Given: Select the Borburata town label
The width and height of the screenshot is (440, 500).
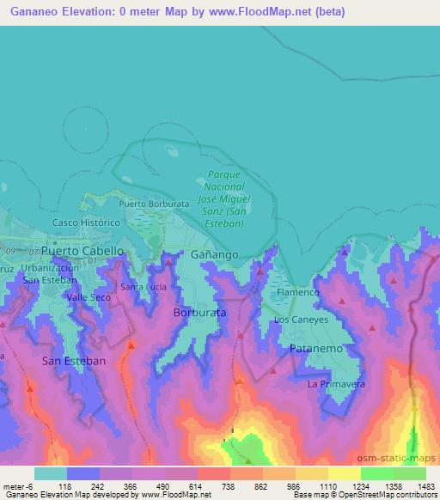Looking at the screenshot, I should (x=200, y=313).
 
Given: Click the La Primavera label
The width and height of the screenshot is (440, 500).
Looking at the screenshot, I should (x=337, y=383).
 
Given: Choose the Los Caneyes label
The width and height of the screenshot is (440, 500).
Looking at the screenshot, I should (x=301, y=320).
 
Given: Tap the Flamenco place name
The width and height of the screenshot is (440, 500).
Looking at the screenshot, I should (x=298, y=293).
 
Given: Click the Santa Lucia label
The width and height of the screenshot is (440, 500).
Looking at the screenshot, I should (x=142, y=287).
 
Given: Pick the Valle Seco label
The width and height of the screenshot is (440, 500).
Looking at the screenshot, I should (x=89, y=296).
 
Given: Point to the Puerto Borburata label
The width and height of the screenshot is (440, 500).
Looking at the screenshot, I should (x=154, y=204).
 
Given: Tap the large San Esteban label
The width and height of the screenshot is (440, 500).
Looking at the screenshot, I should (x=74, y=362).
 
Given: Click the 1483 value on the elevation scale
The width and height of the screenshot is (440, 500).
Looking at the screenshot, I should (x=425, y=486).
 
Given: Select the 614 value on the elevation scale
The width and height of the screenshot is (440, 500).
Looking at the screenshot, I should (x=197, y=486).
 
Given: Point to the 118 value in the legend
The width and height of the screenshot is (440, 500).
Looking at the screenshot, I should (x=66, y=486).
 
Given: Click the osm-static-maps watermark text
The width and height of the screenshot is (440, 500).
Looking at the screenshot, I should (x=402, y=459).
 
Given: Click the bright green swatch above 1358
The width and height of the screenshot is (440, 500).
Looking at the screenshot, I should (x=377, y=473).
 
